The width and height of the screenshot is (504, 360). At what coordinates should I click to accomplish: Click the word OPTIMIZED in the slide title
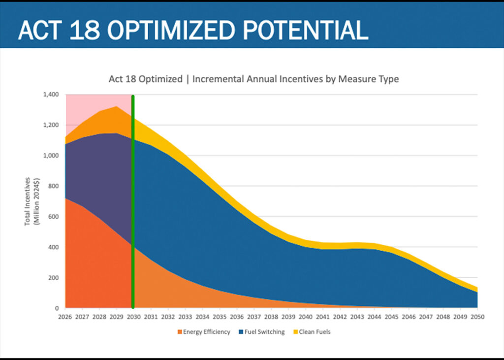pos(166,30)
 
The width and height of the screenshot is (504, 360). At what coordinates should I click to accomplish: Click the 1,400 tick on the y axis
pos(51,95)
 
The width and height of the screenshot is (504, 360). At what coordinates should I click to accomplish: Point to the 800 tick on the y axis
pos(53,186)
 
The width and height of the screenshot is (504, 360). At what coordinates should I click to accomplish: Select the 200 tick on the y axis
pos(53,278)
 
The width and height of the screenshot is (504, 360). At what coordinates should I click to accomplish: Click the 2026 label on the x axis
pos(65,317)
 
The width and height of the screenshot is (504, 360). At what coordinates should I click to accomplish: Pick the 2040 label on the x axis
pos(306,317)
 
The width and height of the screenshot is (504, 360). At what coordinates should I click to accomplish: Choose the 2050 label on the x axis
pos(477,317)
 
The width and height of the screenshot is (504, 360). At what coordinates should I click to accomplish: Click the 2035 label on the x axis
pos(220,317)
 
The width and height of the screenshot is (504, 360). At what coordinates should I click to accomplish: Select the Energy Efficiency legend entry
pos(206,332)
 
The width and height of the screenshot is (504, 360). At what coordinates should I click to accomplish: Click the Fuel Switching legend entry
pos(264,332)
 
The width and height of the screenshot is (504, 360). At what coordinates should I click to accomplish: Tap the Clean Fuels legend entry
pos(315,332)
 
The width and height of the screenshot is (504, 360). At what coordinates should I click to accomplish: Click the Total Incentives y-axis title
pos(31,201)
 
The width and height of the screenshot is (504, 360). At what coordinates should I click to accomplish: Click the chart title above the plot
pos(253,79)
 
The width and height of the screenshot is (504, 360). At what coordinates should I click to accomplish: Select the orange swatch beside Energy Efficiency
pos(179,332)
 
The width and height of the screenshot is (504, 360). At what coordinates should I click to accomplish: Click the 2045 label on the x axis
pos(391,317)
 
